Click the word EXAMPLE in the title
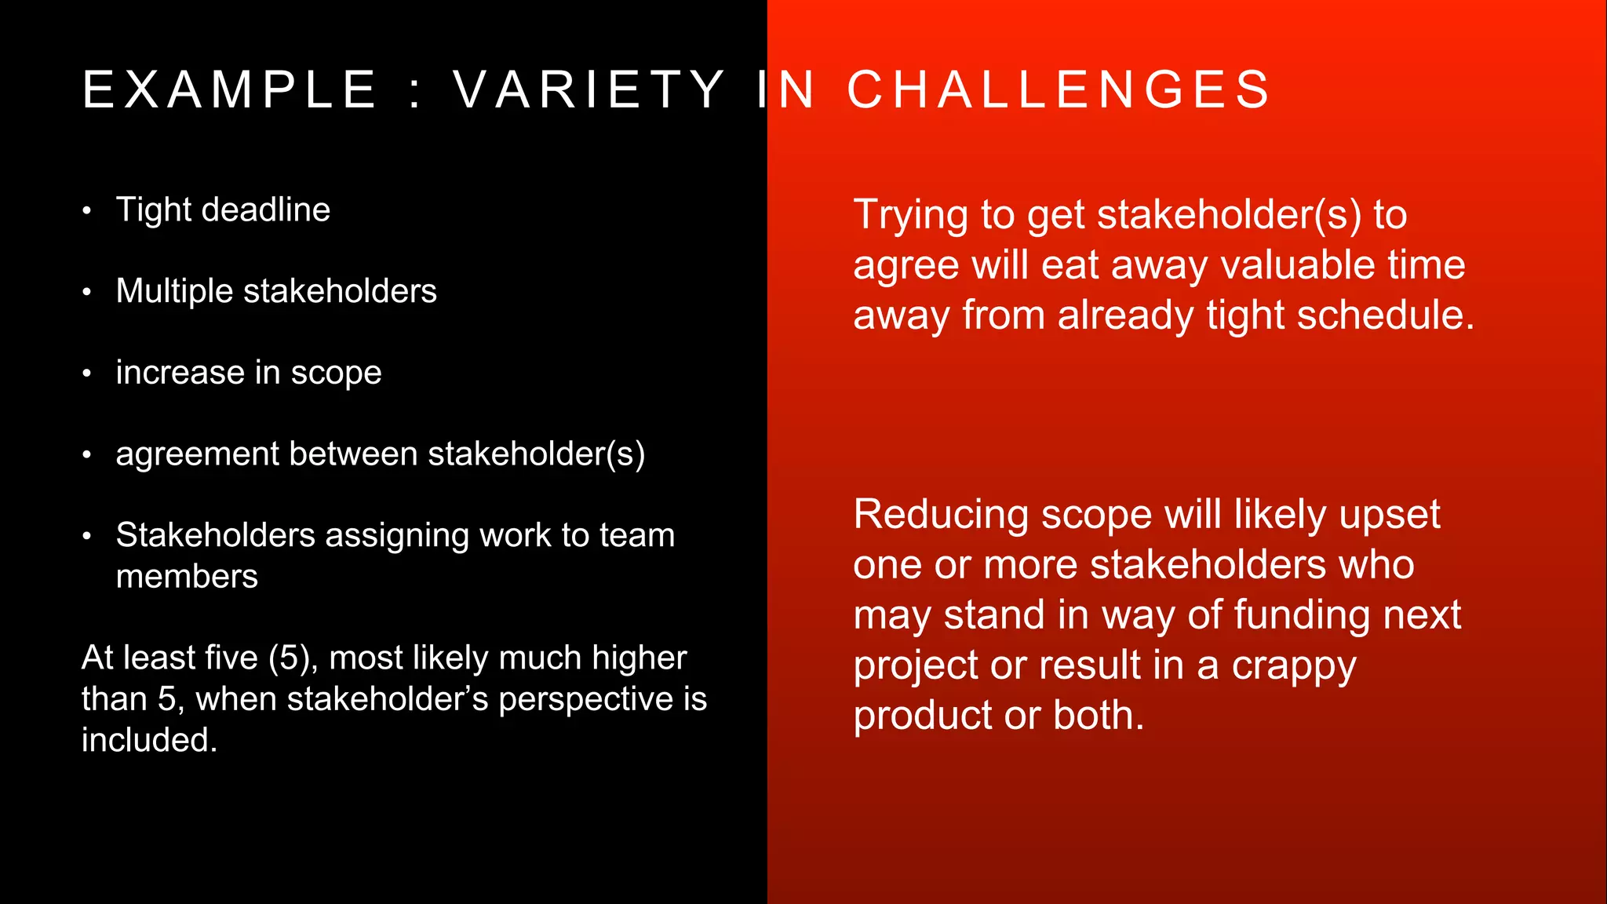tap(230, 89)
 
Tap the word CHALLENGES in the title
tap(1059, 89)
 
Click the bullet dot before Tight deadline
tap(87, 211)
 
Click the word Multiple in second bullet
tap(174, 291)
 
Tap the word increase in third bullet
tap(180, 373)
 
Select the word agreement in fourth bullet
tap(197, 455)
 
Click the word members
tap(187, 577)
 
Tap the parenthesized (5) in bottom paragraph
tap(293, 658)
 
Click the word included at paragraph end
tap(148, 740)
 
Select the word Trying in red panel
tap(910, 216)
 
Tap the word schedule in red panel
tap(1385, 315)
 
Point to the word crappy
tap(1293, 667)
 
